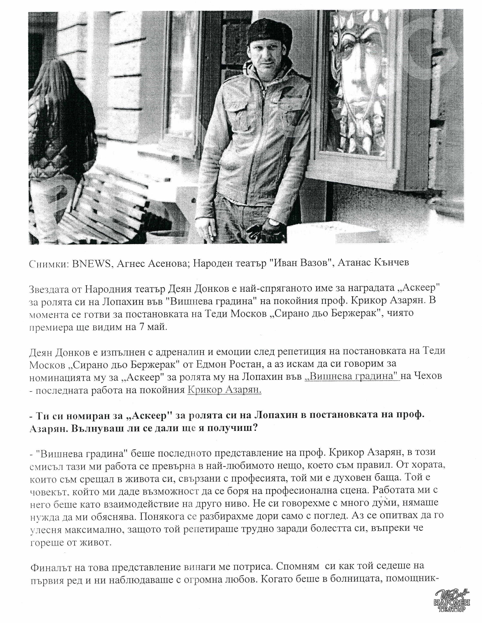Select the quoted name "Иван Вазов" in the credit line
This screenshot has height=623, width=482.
[x=299, y=263]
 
